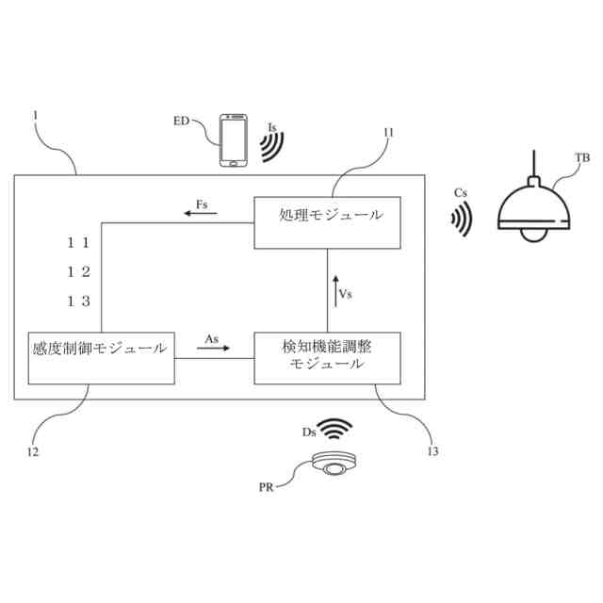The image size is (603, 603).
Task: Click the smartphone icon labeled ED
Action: tap(234, 141)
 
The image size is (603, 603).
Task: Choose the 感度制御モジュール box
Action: tap(102, 357)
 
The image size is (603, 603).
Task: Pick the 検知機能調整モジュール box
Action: tap(327, 357)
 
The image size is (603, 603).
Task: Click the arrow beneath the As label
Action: tap(214, 349)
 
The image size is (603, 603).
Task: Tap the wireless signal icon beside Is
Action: tap(272, 144)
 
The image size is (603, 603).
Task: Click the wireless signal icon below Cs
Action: tap(460, 220)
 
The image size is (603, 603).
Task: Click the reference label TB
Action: tap(582, 157)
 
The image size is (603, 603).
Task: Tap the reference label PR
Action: tap(267, 487)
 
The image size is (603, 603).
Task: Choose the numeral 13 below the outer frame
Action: tap(433, 450)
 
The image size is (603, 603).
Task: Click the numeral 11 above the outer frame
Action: tap(387, 132)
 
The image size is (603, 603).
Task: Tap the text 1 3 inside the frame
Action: tap(79, 301)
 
